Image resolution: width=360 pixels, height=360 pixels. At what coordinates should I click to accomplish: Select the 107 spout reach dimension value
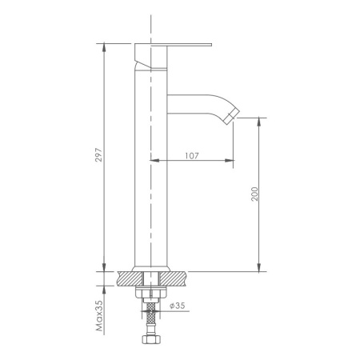191,154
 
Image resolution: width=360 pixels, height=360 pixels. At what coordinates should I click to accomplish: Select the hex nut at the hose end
150,342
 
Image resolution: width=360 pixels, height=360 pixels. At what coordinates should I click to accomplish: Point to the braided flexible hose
150,319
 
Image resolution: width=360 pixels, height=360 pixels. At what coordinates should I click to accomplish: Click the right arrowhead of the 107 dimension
231,162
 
